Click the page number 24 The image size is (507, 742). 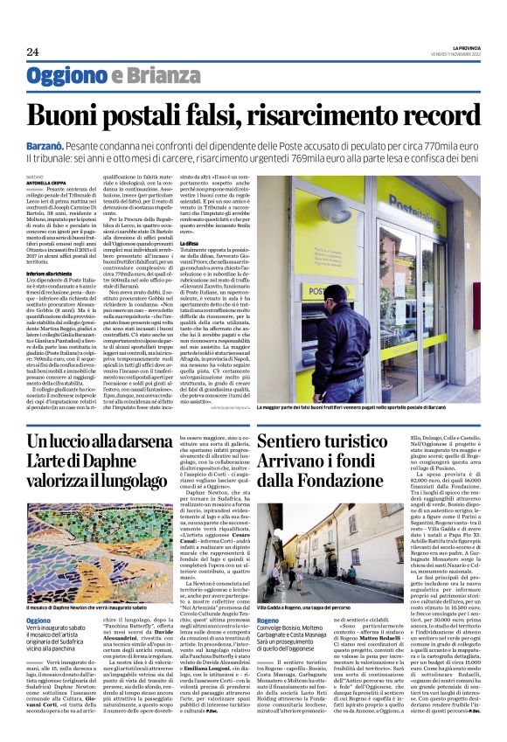click(x=33, y=52)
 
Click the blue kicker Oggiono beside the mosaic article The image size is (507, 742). click(x=38, y=619)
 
